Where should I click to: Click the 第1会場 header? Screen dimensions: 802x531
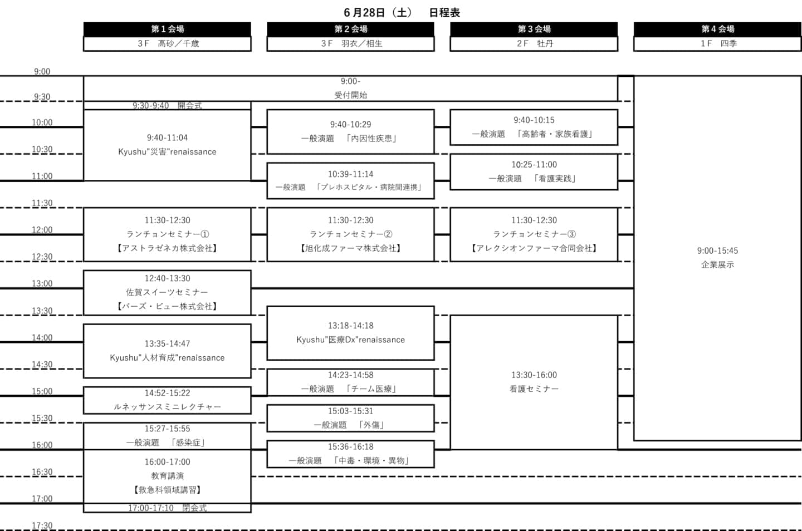tap(167, 29)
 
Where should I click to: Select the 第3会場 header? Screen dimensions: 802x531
tap(534, 29)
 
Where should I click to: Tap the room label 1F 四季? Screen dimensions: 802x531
tap(717, 43)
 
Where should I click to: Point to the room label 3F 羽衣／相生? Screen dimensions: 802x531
tap(350, 43)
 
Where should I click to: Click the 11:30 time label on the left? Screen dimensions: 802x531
tap(42, 203)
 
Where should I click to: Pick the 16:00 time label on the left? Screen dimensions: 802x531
tap(42, 445)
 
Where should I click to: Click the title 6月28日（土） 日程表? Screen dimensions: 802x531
tap(402, 13)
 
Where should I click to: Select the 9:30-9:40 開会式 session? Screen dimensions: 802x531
tap(167, 106)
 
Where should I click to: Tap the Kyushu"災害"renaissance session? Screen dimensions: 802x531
tap(167, 145)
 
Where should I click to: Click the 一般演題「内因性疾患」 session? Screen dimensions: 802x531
tap(350, 132)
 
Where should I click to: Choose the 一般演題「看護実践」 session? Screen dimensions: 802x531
tap(534, 172)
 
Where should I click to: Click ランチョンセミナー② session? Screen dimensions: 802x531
tap(350, 234)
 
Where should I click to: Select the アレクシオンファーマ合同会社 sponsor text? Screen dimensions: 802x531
tap(534, 248)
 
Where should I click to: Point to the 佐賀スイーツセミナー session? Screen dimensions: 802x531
tap(167, 293)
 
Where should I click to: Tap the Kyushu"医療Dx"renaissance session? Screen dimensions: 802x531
tap(350, 333)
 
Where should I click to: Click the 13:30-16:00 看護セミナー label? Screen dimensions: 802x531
tap(534, 382)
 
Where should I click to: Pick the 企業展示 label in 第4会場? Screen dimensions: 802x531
tap(717, 265)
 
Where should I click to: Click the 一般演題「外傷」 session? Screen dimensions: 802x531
tap(350, 419)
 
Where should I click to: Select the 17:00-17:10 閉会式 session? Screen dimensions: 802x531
tap(167, 508)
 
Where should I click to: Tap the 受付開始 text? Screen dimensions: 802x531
tap(350, 95)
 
